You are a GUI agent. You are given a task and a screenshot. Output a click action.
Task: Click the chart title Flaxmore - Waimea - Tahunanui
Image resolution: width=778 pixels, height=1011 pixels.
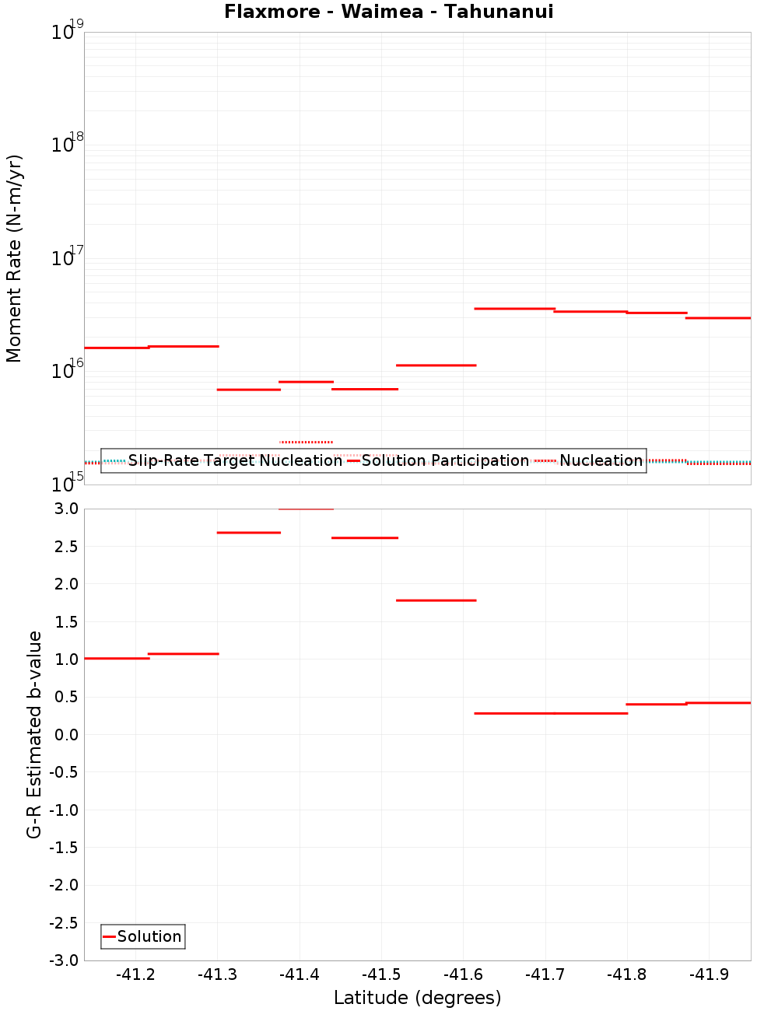tap(389, 12)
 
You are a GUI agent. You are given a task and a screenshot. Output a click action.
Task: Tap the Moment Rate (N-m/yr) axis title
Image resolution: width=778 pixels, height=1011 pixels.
tap(14, 258)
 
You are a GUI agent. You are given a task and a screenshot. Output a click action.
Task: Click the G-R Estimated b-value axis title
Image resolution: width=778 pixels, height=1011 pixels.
tap(34, 734)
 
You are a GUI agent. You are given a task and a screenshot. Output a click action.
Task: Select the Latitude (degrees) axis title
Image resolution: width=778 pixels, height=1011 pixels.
tap(417, 998)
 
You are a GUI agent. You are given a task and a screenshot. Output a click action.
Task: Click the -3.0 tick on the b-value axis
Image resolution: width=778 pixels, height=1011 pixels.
tap(64, 960)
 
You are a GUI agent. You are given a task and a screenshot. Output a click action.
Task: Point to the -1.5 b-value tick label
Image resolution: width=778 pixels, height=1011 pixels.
tap(64, 847)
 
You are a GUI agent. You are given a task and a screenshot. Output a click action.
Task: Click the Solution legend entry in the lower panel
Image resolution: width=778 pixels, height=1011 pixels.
tap(143, 936)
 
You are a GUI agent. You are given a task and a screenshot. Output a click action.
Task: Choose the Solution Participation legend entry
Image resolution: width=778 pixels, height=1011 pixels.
tap(438, 460)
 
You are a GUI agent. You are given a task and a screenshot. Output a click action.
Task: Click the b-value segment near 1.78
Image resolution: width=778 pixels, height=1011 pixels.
tap(436, 600)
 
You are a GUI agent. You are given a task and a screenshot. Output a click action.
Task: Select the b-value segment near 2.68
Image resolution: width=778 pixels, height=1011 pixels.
tap(248, 533)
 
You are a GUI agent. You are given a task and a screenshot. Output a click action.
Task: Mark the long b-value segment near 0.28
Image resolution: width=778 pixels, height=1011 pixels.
tap(551, 713)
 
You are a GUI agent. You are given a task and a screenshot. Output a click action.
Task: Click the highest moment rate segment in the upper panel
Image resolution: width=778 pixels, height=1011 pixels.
tap(514, 309)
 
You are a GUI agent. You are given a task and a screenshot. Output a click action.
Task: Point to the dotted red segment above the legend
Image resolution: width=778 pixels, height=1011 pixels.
tap(306, 442)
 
